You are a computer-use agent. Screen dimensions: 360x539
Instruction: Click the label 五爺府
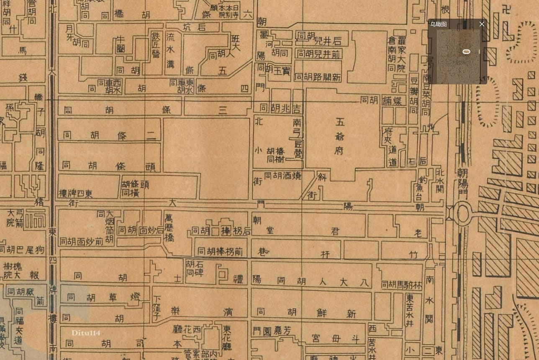click(339, 136)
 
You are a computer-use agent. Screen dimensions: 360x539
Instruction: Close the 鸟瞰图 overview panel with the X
click(482, 24)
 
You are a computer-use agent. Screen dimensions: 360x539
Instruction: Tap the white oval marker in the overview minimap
click(466, 51)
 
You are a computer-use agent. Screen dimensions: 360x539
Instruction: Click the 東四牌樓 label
click(76, 194)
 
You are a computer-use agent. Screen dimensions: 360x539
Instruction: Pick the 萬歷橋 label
click(169, 228)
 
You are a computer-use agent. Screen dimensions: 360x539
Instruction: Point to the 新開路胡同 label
click(318, 77)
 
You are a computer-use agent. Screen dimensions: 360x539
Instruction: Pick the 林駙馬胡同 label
click(400, 284)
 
